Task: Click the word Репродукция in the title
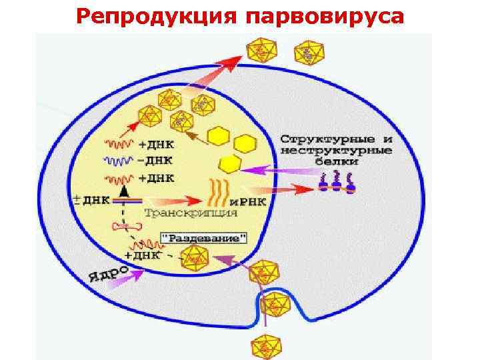click(x=158, y=16)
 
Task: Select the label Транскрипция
click(x=191, y=213)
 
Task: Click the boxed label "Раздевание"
click(x=205, y=238)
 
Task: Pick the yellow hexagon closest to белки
click(x=230, y=164)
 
